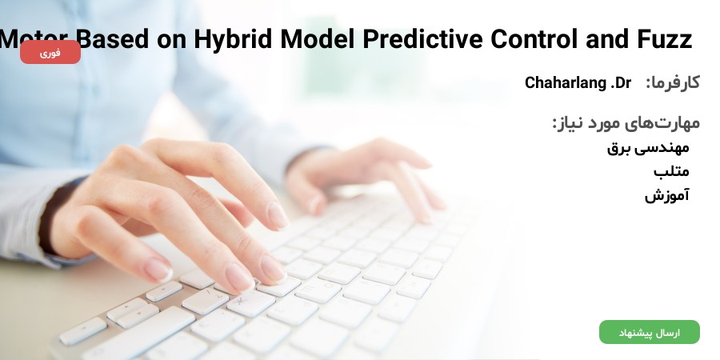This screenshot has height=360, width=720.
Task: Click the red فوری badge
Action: click(x=50, y=52)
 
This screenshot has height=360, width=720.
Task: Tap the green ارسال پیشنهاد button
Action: click(x=650, y=332)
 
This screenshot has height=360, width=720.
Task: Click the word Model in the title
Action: click(x=318, y=39)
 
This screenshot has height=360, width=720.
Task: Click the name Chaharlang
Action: click(x=566, y=82)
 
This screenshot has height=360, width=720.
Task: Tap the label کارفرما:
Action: click(x=673, y=83)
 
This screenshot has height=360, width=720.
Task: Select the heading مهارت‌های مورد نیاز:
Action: click(x=626, y=123)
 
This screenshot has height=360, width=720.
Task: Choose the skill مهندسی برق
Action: click(x=648, y=148)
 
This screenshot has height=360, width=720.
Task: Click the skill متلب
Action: click(x=671, y=172)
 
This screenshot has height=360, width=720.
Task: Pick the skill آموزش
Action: click(x=666, y=196)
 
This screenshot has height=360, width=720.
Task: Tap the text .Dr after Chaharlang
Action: click(x=620, y=83)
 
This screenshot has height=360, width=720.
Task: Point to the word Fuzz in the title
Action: click(x=665, y=39)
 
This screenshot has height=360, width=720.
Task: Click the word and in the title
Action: click(x=607, y=39)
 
